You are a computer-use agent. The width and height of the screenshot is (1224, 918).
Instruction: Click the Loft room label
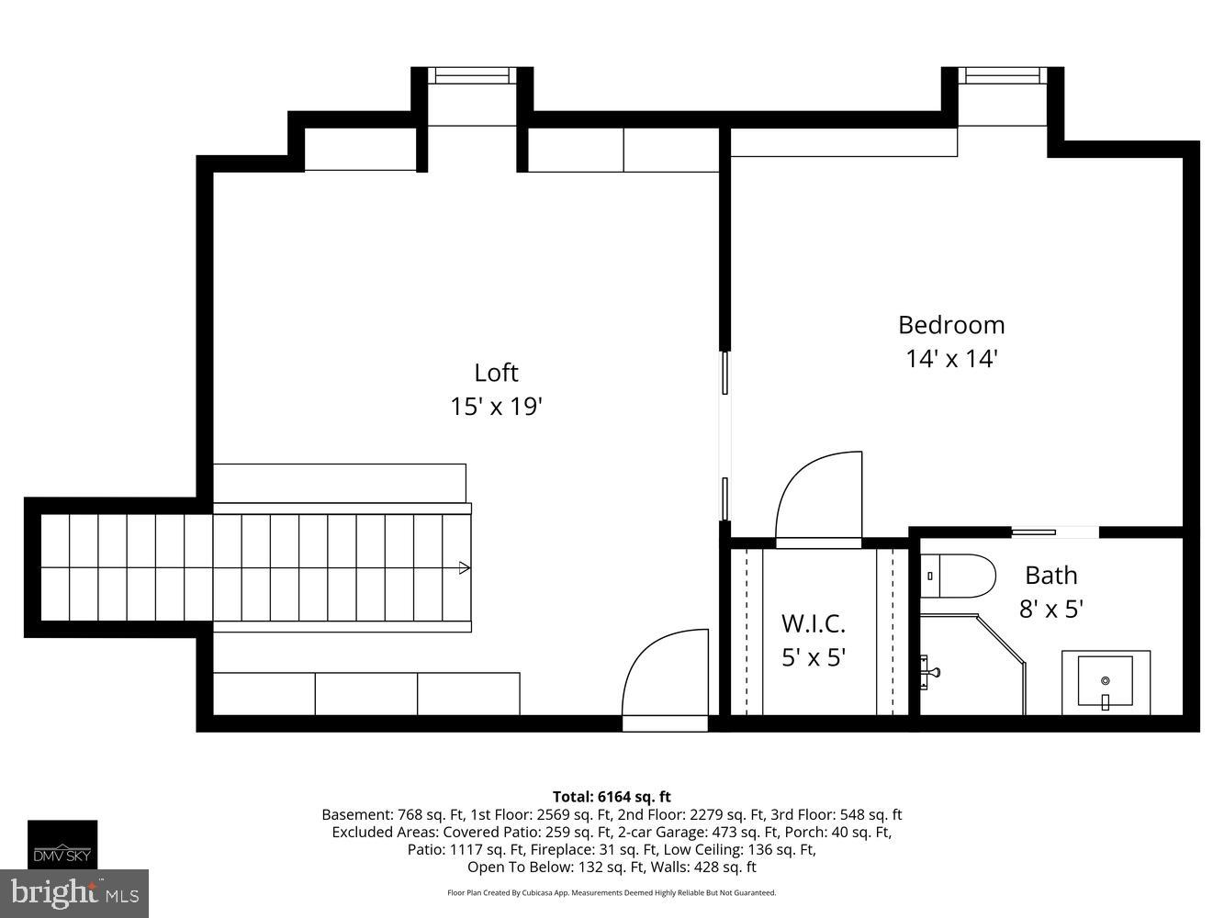496,373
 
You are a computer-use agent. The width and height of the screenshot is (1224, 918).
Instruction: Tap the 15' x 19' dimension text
496,406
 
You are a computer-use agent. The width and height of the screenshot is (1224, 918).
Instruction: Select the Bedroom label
951,325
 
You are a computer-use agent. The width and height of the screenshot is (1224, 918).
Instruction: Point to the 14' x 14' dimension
951,358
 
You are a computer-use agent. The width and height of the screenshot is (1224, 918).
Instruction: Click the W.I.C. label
813,624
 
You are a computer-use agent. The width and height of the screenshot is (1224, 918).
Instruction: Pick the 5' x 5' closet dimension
813,657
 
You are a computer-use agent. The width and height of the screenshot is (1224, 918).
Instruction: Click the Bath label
1050,576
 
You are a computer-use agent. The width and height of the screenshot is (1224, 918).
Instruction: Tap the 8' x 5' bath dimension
1050,609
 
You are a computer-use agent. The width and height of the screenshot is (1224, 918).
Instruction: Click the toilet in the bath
960,576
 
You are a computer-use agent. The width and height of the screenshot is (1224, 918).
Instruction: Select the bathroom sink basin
1106,681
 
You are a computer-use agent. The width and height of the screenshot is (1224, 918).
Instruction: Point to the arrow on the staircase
465,568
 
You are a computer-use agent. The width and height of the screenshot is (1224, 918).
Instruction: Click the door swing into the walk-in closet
817,500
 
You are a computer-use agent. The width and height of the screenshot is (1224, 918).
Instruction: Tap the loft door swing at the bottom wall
665,677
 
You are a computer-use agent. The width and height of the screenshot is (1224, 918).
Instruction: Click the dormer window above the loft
472,76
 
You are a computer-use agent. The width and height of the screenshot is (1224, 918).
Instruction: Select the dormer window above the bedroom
1002,76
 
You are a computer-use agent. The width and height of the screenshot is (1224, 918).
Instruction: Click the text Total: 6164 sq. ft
612,797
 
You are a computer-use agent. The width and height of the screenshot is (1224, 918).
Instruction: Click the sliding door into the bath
1054,532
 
